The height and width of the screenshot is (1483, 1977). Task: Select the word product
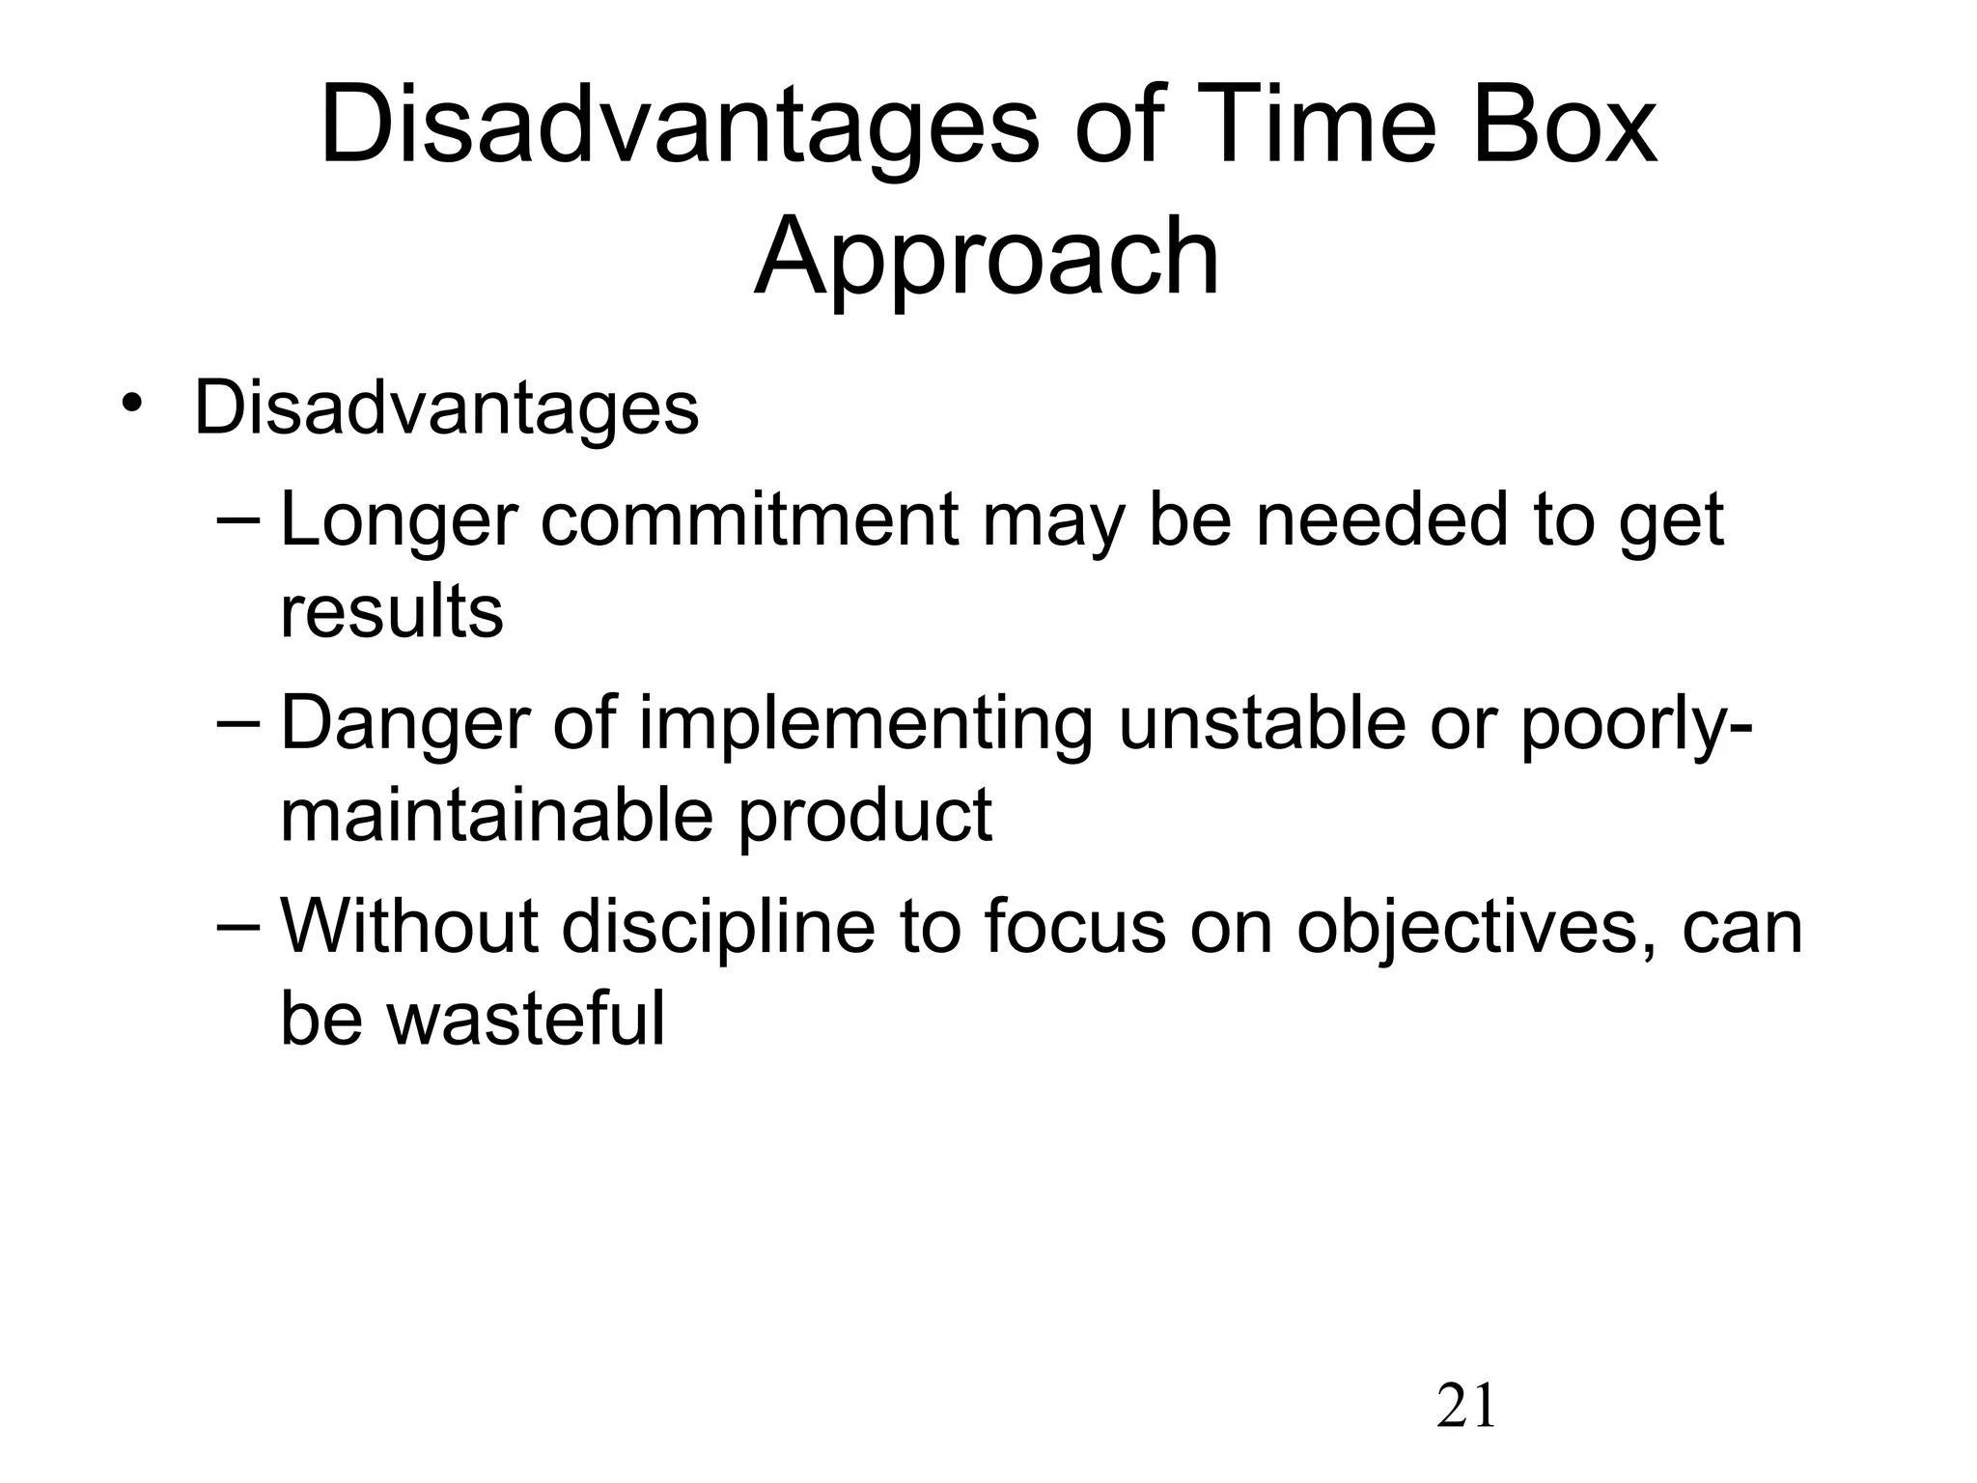[x=865, y=816]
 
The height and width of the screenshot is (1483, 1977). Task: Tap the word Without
[x=408, y=927]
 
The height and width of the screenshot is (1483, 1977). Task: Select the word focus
[x=1074, y=927]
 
